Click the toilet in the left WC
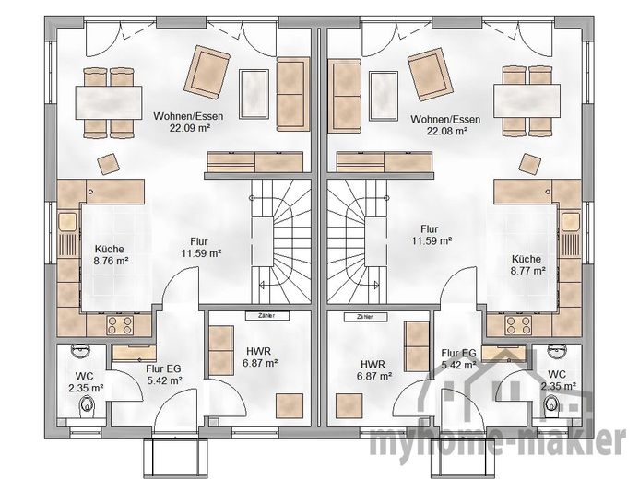pyautogui.click(x=87, y=405)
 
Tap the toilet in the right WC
pyautogui.click(x=551, y=405)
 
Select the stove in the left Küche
pyautogui.click(x=120, y=325)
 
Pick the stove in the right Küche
pyautogui.click(x=518, y=325)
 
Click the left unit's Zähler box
pyautogui.click(x=266, y=315)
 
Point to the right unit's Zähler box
pyautogui.click(x=365, y=317)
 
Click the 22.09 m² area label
pyautogui.click(x=190, y=128)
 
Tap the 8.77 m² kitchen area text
pyautogui.click(x=528, y=270)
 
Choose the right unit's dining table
pyautogui.click(x=527, y=100)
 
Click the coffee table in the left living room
pyautogui.click(x=254, y=93)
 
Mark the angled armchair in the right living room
pyautogui.click(x=431, y=75)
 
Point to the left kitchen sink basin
pyautogui.click(x=67, y=222)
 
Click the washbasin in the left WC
pyautogui.click(x=81, y=350)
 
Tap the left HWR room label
pyautogui.click(x=259, y=351)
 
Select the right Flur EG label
pyautogui.click(x=458, y=353)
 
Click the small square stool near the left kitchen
pyautogui.click(x=109, y=164)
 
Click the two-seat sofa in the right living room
pyautogui.click(x=345, y=96)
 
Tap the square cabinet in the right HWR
pyautogui.click(x=349, y=406)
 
